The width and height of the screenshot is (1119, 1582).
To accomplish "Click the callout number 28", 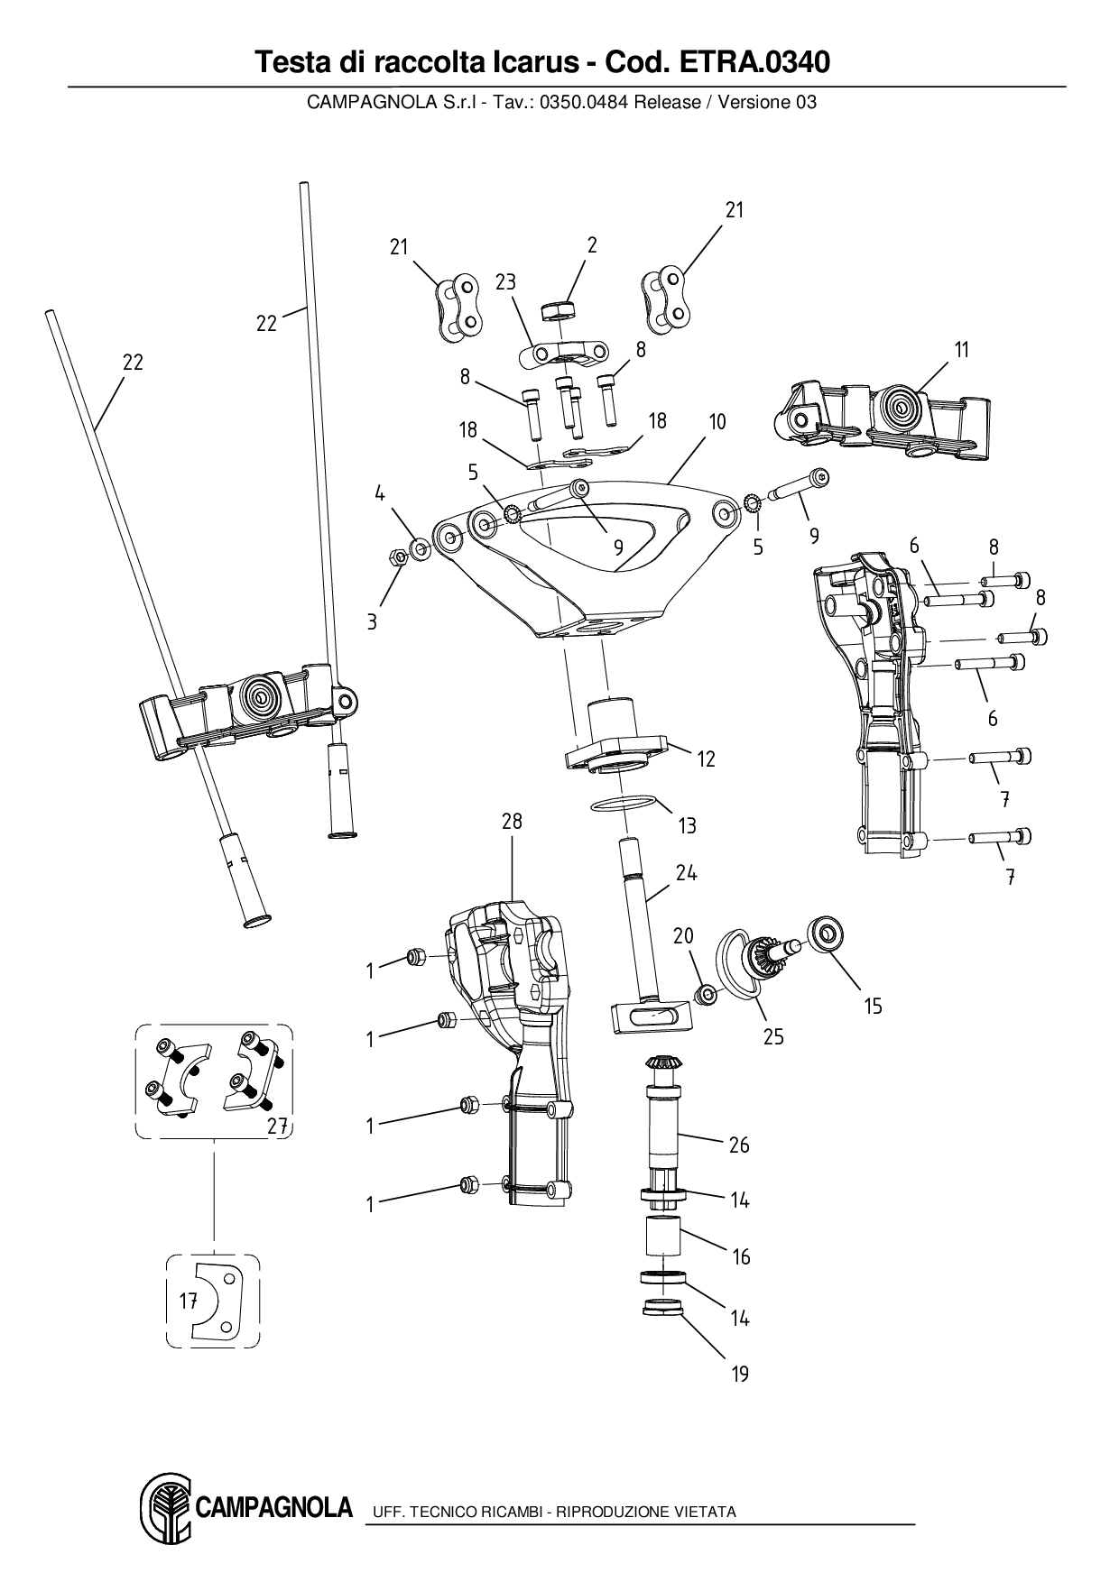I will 512,822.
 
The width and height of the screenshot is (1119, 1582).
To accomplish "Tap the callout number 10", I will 717,421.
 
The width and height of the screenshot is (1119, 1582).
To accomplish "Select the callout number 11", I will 962,349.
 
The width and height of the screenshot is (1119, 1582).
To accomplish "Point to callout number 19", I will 740,1374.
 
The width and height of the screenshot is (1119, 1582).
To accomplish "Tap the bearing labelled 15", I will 825,932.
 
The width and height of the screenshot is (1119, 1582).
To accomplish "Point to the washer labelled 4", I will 420,547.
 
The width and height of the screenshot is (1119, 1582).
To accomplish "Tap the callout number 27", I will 278,1126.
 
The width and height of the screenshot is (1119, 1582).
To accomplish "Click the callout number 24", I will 686,872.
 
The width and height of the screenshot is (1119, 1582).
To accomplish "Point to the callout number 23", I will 505,281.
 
